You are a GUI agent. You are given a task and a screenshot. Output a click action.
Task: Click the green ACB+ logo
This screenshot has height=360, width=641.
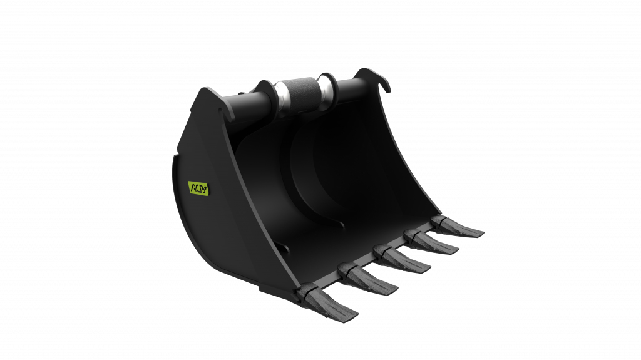[x=198, y=187]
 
